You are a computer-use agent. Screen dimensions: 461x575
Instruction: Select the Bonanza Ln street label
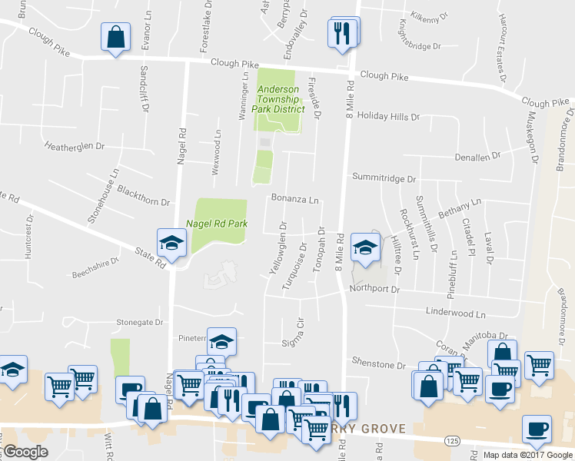point(294,199)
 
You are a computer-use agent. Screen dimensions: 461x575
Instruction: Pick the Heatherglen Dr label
point(75,145)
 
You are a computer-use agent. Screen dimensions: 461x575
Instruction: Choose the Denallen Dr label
point(477,155)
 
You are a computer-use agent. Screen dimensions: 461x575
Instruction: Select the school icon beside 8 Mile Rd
point(365,247)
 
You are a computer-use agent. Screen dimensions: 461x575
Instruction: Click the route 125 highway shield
point(451,439)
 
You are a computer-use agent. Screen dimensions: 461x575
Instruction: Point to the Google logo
point(25,452)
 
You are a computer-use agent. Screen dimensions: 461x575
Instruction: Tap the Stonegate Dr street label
point(141,323)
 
